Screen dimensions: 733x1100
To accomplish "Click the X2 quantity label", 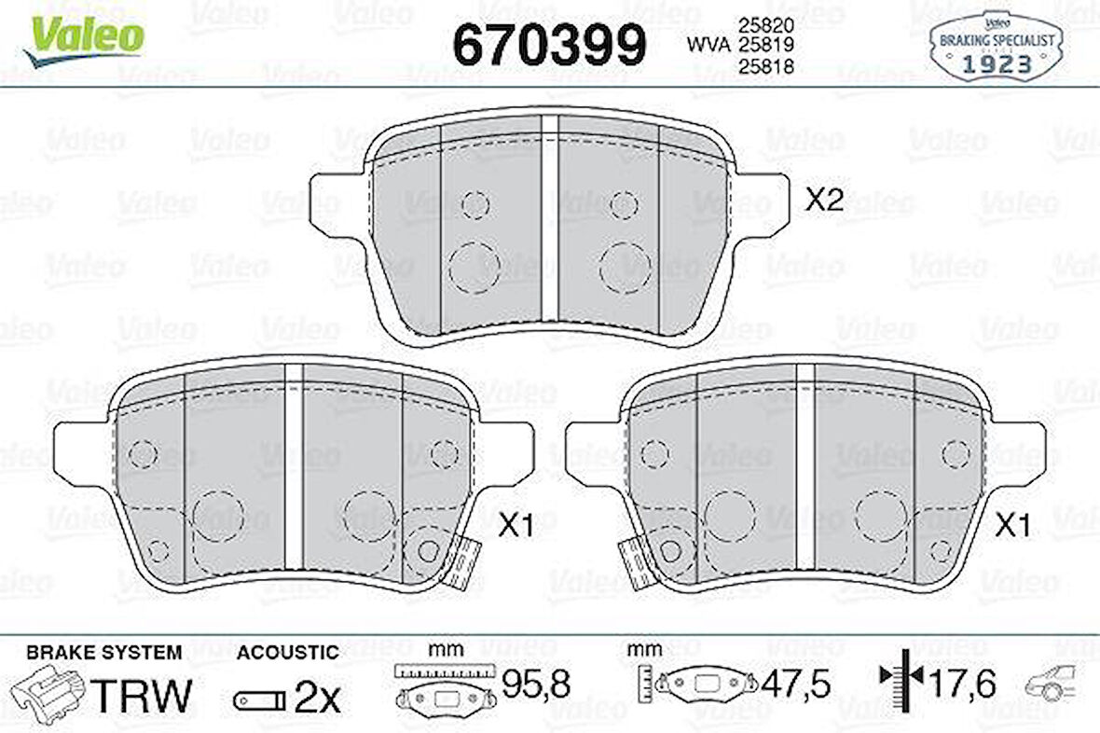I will [824, 200].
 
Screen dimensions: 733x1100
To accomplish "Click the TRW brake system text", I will [145, 695].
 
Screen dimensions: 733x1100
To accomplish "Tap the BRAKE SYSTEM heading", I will [104, 653].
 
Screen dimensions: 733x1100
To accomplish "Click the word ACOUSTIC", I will [287, 653].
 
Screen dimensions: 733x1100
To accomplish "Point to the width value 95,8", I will [535, 685].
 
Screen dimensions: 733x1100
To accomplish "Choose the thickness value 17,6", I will [962, 685].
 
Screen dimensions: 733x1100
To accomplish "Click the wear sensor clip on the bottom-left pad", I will [457, 561].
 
